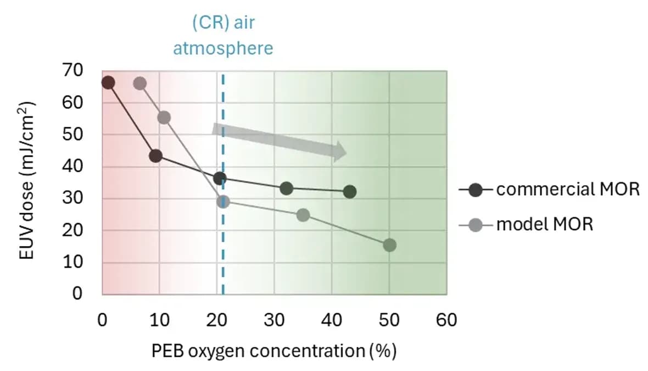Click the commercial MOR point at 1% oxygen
pos(108,82)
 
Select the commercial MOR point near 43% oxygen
pos(350,191)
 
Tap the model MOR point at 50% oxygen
pos(389,245)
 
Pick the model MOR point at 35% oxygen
pos(303,214)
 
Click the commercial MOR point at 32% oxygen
pos(286,188)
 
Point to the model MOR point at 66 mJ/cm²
pos(140,83)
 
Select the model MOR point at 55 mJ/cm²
pos(164,117)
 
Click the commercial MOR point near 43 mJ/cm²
pos(155,156)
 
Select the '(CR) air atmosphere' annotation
pos(223,36)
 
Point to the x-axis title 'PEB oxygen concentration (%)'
pos(274,350)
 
